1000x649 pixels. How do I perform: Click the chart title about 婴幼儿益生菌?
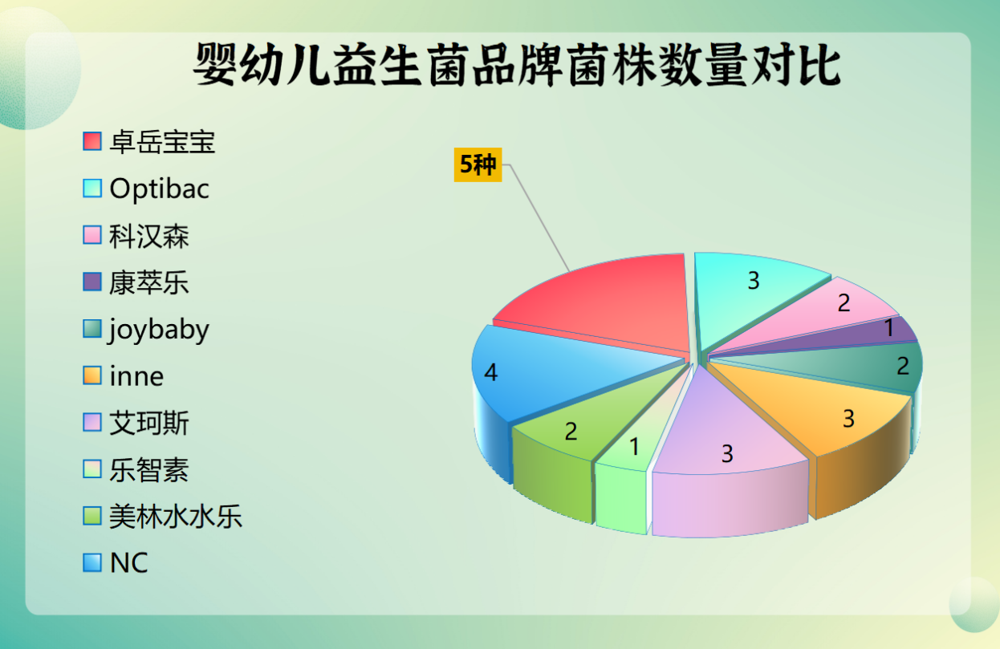[517, 65]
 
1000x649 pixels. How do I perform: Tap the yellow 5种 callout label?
[478, 164]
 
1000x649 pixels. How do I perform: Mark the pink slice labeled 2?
[826, 312]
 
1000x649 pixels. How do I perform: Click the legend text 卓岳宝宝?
[162, 142]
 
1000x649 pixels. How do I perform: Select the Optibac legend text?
[160, 189]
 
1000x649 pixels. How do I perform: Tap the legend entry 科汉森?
[149, 236]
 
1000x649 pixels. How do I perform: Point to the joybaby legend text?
[158, 331]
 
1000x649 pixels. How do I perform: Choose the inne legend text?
[136, 376]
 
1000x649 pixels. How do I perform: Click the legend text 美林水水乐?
[176, 517]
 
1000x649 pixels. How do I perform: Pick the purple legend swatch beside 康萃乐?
[92, 282]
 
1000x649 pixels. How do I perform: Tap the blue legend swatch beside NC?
[92, 563]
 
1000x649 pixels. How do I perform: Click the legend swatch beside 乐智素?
[92, 469]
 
